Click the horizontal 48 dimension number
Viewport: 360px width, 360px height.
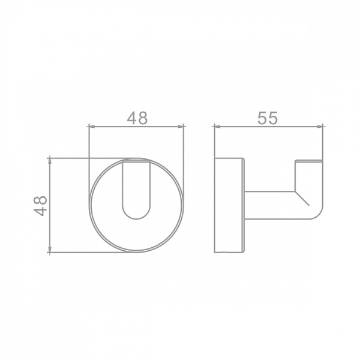pos(137,118)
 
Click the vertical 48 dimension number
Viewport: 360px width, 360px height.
pos(40,206)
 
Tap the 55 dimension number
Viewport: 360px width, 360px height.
pos(268,118)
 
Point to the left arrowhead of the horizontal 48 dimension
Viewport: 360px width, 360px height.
pos(92,126)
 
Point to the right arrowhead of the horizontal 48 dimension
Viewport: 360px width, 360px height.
pos(181,126)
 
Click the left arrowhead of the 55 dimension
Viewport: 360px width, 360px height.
pos(217,126)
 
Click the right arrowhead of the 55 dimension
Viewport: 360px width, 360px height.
pos(320,126)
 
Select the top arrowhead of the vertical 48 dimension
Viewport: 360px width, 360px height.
pos(50,161)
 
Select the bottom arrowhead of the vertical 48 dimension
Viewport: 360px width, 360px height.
pos(50,249)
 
